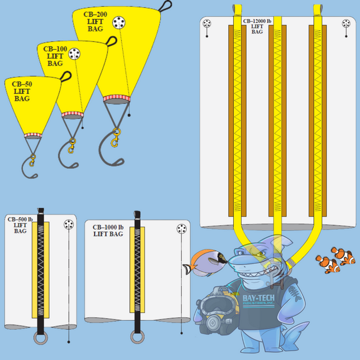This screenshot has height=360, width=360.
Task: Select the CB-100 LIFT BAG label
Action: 55,56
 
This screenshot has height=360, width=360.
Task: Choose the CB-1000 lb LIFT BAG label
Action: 108,231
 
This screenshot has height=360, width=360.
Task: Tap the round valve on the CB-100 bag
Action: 75,55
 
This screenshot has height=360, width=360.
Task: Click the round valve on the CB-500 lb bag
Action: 69,224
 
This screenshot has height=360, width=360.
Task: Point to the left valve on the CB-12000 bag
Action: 207,25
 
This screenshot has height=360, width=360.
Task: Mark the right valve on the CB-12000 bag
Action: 347,25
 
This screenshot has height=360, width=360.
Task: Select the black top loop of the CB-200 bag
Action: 165,6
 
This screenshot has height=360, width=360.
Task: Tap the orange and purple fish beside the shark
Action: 206,262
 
